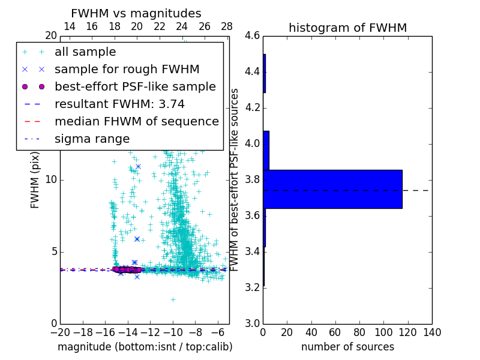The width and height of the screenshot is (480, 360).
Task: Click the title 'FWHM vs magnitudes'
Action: click(136, 14)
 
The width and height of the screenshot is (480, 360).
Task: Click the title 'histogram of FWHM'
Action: click(347, 28)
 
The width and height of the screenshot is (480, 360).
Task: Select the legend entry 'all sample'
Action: click(85, 52)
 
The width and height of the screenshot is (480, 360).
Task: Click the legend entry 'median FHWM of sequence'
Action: click(136, 121)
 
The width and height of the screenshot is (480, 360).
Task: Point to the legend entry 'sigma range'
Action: click(92, 139)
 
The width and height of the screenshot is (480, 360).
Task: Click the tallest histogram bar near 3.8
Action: click(332, 189)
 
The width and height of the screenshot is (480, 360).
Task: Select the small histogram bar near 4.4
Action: click(264, 73)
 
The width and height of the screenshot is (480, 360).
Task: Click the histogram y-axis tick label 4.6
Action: click(253, 36)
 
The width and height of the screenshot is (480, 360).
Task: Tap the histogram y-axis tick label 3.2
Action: click(253, 287)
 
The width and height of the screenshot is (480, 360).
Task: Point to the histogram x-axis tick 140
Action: click(431, 332)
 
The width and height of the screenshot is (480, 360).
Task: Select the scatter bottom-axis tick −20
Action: click(60, 332)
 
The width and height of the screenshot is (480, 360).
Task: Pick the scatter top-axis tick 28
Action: click(227, 26)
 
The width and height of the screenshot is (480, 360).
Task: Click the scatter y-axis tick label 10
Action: click(50, 180)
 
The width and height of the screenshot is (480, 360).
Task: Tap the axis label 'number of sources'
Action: click(347, 347)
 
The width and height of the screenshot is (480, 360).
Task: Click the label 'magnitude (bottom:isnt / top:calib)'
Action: click(145, 347)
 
